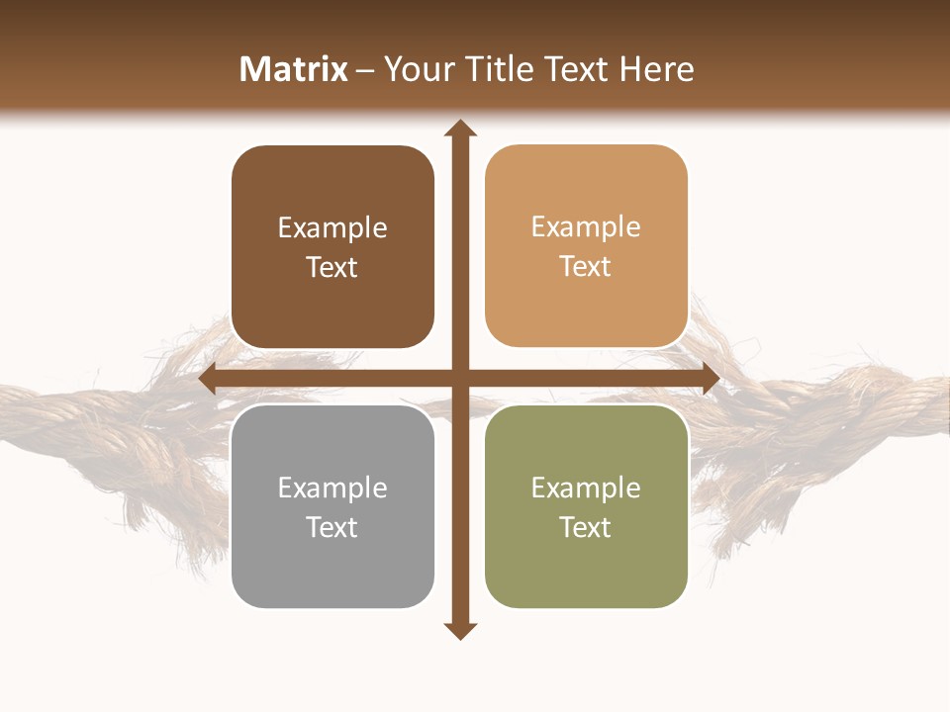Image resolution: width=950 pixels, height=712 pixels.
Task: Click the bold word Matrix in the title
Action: [294, 69]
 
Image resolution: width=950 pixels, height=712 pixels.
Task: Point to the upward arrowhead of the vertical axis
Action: [459, 129]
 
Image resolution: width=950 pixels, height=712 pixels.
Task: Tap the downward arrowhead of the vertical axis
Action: [459, 630]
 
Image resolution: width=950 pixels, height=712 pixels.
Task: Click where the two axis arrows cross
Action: [459, 379]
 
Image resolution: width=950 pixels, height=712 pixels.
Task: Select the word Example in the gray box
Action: [332, 489]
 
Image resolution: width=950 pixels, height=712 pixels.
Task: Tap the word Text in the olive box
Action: [586, 527]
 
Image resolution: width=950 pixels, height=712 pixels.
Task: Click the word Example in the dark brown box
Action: [332, 228]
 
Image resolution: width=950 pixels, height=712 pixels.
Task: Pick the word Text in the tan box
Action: [586, 267]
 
